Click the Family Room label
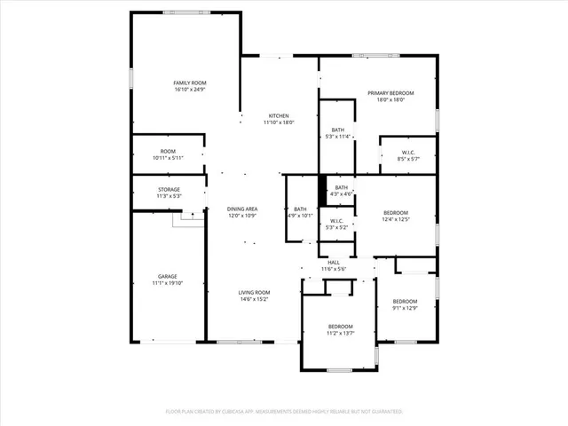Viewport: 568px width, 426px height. [x=189, y=83]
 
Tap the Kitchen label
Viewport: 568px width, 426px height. [x=279, y=116]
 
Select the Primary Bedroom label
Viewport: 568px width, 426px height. [x=390, y=93]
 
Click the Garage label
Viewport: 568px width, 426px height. [x=168, y=277]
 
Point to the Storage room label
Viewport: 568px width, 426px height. [x=169, y=189]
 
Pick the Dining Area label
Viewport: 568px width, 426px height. [x=243, y=209]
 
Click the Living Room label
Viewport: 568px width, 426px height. [x=254, y=293]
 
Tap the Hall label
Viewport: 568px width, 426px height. [x=334, y=262]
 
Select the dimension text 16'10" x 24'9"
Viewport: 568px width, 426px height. [x=189, y=89]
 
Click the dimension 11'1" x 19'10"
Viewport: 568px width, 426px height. [x=168, y=284]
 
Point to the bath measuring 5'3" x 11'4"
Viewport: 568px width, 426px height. [x=337, y=133]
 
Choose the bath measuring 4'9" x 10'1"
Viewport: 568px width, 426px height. [x=300, y=212]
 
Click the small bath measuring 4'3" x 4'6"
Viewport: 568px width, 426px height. [x=341, y=190]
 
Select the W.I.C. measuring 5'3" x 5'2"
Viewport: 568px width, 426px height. [x=337, y=224]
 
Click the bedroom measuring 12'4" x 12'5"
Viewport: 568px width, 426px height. [x=395, y=216]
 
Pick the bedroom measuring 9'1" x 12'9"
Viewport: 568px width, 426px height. [x=405, y=304]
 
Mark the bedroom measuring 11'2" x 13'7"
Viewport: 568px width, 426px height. [x=340, y=329]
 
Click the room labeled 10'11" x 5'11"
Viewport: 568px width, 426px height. [x=168, y=154]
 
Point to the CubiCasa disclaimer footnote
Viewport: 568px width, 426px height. [x=284, y=412]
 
